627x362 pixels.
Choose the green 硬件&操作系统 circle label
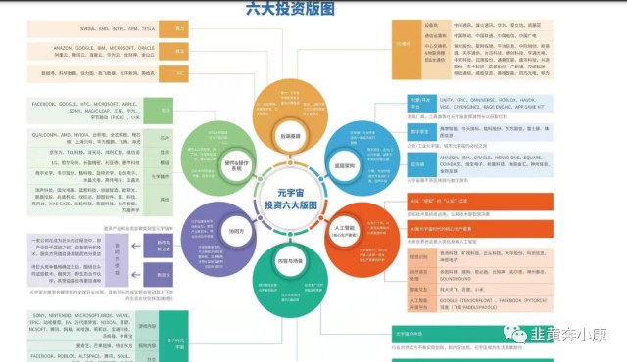tap(232, 167)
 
